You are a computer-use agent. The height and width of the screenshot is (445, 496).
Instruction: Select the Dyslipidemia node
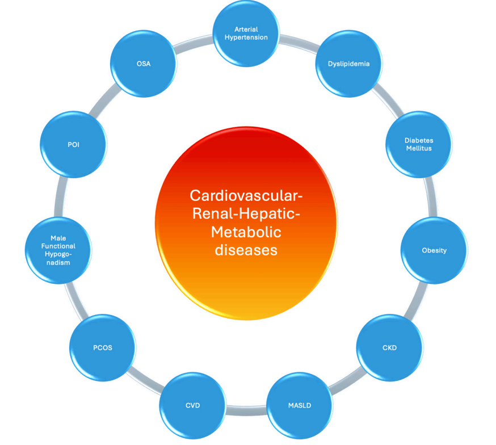tap(348, 64)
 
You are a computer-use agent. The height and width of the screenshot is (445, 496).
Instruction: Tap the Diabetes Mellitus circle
tap(419, 144)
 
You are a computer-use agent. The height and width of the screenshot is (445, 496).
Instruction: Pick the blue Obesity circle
tap(434, 250)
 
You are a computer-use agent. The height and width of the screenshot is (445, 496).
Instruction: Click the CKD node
tap(389, 347)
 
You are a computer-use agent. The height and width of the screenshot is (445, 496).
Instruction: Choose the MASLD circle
tap(299, 405)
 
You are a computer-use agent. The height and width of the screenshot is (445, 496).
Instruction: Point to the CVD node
tap(192, 405)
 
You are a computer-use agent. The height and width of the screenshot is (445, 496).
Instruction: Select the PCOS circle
tap(103, 347)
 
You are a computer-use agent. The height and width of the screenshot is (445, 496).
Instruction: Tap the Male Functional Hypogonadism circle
tap(59, 250)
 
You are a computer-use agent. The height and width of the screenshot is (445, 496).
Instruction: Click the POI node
tap(74, 144)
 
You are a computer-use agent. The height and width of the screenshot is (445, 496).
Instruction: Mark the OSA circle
tap(144, 64)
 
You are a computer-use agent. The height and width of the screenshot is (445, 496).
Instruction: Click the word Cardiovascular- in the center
tap(246, 196)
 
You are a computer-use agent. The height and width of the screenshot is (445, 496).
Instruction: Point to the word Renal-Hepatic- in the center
tap(246, 214)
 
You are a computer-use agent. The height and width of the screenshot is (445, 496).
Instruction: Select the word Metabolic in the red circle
tap(246, 232)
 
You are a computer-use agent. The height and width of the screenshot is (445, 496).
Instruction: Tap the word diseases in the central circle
tap(246, 250)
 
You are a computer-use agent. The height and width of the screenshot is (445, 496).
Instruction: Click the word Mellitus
tap(419, 148)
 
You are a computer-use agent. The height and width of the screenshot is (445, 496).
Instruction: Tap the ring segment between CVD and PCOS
tap(145, 381)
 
